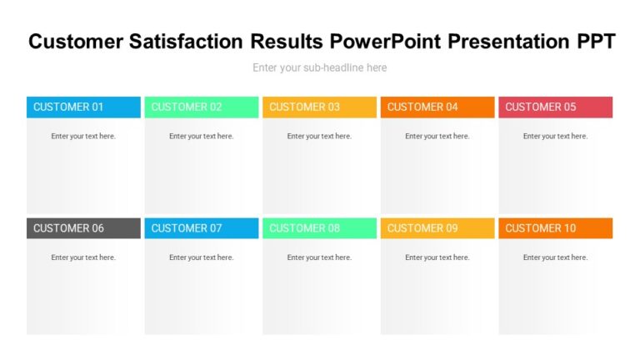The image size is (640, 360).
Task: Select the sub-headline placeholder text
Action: [x=320, y=67]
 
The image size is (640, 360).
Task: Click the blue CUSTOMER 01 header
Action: [x=83, y=107]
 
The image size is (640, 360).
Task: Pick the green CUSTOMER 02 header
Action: [x=202, y=107]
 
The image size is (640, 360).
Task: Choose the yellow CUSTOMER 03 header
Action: [x=319, y=107]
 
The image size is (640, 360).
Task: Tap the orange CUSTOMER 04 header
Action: [x=437, y=107]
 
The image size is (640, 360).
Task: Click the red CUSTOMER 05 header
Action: [x=555, y=107]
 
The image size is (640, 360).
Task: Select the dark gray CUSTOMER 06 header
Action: [x=83, y=228]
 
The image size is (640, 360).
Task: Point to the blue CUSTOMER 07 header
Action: [x=202, y=228]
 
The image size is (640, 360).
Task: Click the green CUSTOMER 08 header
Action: [x=319, y=228]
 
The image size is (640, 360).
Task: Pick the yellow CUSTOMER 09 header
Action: [x=437, y=228]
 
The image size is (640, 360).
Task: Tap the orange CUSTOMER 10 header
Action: [x=555, y=228]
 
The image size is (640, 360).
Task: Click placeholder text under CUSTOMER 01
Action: [x=83, y=136]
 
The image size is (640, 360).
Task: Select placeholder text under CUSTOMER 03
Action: [x=319, y=136]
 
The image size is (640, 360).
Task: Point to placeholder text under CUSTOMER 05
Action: [x=555, y=136]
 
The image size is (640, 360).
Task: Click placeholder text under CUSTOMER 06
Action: [x=83, y=257]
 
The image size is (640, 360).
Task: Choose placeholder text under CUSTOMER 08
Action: [x=319, y=257]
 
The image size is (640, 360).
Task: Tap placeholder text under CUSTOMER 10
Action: [x=555, y=257]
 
